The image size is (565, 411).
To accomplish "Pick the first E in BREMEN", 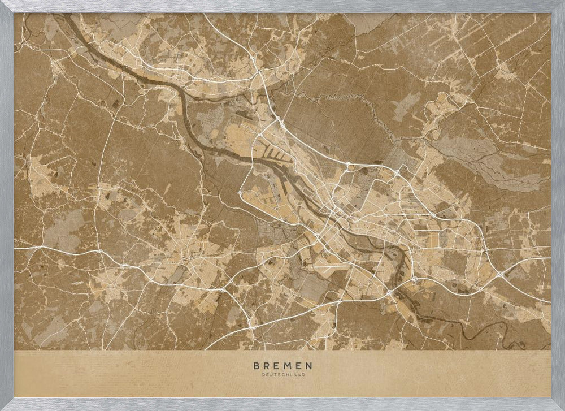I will [x=275, y=366].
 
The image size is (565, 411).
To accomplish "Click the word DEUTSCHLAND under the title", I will [x=282, y=375].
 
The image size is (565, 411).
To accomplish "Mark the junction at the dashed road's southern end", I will [x=240, y=193].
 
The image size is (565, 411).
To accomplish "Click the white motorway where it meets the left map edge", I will [x=17, y=248].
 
